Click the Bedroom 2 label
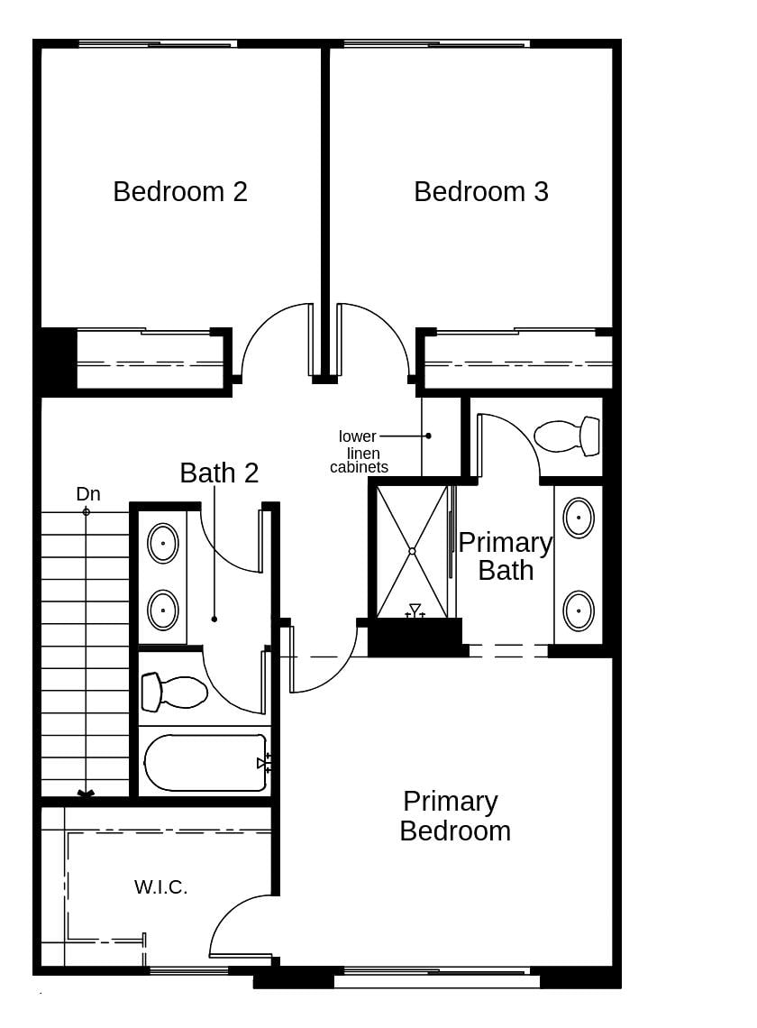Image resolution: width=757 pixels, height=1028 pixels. (x=180, y=192)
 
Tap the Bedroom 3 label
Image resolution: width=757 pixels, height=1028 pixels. (x=480, y=192)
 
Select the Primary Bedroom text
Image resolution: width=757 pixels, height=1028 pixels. (x=454, y=816)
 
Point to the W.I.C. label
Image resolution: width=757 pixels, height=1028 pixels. (x=160, y=887)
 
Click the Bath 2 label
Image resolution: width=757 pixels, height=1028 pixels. (x=219, y=473)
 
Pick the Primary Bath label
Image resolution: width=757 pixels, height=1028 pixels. (x=505, y=556)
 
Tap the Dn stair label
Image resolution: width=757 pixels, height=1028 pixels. (x=87, y=494)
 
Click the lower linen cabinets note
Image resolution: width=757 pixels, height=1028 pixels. (x=359, y=452)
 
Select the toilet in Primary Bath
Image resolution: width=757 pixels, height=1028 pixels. (x=568, y=436)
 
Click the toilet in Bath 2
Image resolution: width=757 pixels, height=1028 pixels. (x=174, y=692)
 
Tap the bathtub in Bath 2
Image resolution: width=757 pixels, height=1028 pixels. (x=205, y=763)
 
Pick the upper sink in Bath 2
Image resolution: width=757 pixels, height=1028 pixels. (x=162, y=544)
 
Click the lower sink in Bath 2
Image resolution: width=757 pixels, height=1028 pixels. (x=162, y=610)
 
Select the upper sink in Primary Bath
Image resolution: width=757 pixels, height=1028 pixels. (x=579, y=518)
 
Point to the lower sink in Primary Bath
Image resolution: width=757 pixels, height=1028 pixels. (x=579, y=610)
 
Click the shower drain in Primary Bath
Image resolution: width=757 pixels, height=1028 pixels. (x=412, y=551)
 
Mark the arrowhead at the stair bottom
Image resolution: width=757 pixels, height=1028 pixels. (x=86, y=794)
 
